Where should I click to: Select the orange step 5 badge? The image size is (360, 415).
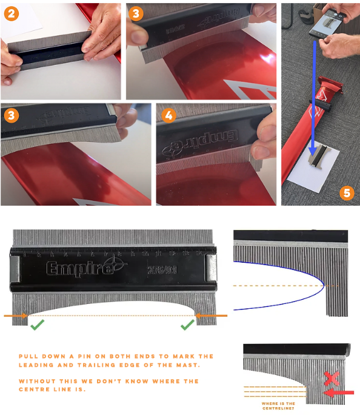pos(346,193)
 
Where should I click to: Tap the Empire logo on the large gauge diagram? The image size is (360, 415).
pos(79,268)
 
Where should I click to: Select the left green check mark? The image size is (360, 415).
pos(38,325)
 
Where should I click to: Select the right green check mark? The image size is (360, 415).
pos(187,325)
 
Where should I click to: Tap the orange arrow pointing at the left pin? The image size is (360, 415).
pos(16,315)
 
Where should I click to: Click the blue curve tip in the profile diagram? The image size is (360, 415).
pos(322,285)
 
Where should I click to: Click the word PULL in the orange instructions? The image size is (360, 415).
pos(28,356)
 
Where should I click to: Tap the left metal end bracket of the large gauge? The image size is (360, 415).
pos(16,268)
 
